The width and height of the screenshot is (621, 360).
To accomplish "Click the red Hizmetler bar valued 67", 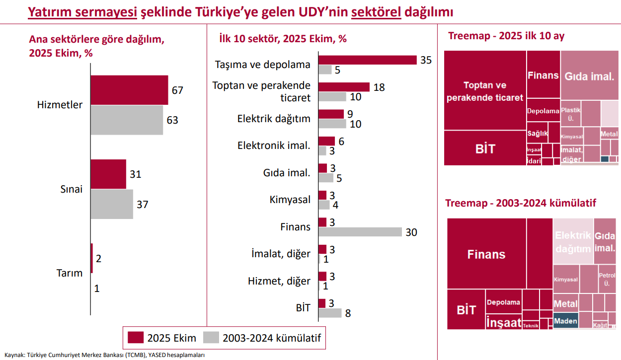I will pyautogui.click(x=129, y=90).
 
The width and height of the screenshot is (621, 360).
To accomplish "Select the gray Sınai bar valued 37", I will pyautogui.click(x=112, y=204).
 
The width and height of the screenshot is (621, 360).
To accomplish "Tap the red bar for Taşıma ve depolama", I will pyautogui.click(x=367, y=60).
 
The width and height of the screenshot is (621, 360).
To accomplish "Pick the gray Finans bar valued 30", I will pyautogui.click(x=360, y=232).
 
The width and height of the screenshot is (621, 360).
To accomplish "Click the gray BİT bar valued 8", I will pyautogui.click(x=330, y=313).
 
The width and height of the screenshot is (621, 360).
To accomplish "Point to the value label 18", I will pyautogui.click(x=379, y=87).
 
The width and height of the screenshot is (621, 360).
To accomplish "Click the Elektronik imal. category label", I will pyautogui.click(x=274, y=145).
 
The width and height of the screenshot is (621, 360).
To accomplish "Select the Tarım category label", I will pyautogui.click(x=70, y=273).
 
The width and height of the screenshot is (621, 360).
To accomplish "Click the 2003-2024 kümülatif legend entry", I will pyautogui.click(x=263, y=338).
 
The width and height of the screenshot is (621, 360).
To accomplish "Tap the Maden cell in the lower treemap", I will pyautogui.click(x=565, y=321).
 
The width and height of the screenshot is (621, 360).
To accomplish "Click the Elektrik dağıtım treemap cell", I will pyautogui.click(x=573, y=242).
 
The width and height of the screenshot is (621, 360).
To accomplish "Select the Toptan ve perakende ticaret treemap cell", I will pyautogui.click(x=485, y=91).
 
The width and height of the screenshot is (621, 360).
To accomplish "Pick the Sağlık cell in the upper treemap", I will pyautogui.click(x=538, y=134).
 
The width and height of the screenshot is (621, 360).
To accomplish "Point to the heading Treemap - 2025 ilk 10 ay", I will pyautogui.click(x=506, y=36).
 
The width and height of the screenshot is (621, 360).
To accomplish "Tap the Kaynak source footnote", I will pyautogui.click(x=105, y=355).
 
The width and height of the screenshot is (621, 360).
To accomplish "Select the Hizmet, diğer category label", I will pyautogui.click(x=279, y=281).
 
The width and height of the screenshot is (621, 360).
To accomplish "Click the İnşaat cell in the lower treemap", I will pyautogui.click(x=504, y=322).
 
